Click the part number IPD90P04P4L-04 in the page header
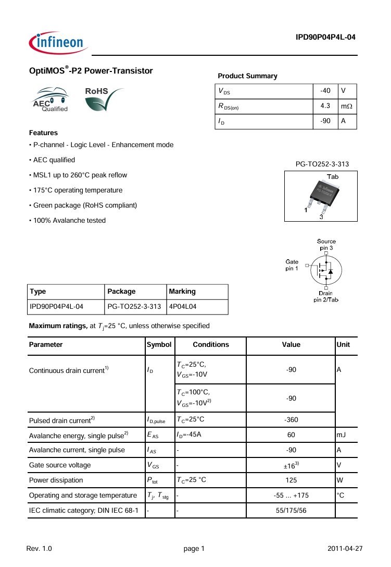tap(325, 37)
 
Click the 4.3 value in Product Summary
tap(325, 106)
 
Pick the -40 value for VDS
tap(325, 91)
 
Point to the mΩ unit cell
tap(346, 106)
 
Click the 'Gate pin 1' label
tap(292, 264)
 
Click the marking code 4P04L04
tap(182, 307)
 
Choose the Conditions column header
tap(211, 345)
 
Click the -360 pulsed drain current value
tap(291, 419)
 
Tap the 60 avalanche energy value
tap(291, 435)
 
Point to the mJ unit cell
tap(342, 435)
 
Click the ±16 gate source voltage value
tap(291, 465)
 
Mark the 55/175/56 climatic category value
tap(291, 510)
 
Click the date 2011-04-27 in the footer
tap(345, 549)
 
